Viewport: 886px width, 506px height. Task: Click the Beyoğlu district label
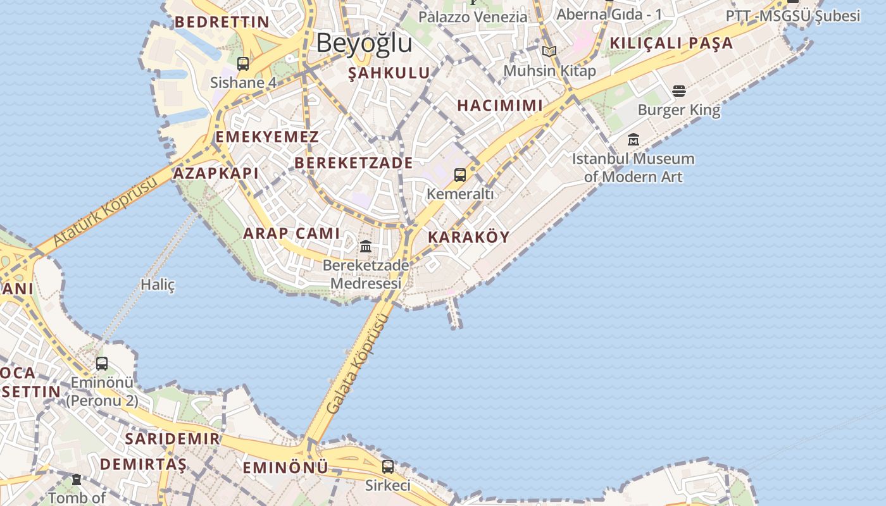tap(364, 43)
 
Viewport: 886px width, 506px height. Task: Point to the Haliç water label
tap(158, 285)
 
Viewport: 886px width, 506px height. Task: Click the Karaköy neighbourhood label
tap(468, 237)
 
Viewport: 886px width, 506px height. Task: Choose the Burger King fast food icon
tap(679, 91)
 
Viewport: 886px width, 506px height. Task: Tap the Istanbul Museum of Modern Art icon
tap(633, 140)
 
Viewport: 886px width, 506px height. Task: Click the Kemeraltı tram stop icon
tap(460, 175)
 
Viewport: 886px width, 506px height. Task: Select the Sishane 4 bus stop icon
tap(243, 64)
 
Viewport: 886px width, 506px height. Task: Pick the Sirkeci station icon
tap(388, 467)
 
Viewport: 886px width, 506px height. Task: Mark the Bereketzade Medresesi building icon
tap(366, 246)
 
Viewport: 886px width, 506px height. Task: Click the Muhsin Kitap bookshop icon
tap(549, 52)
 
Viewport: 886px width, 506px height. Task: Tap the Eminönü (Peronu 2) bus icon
tap(102, 364)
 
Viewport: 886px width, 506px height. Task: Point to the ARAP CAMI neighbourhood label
tap(292, 233)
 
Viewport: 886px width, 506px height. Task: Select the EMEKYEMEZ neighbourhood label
tap(267, 137)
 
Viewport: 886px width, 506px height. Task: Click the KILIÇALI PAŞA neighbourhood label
tap(671, 44)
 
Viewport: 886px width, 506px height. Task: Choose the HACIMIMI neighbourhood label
tap(500, 106)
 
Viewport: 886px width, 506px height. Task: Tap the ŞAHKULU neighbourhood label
tap(389, 73)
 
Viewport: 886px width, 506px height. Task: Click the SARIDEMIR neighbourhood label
tap(172, 439)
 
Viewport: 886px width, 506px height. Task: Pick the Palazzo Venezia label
tap(472, 17)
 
